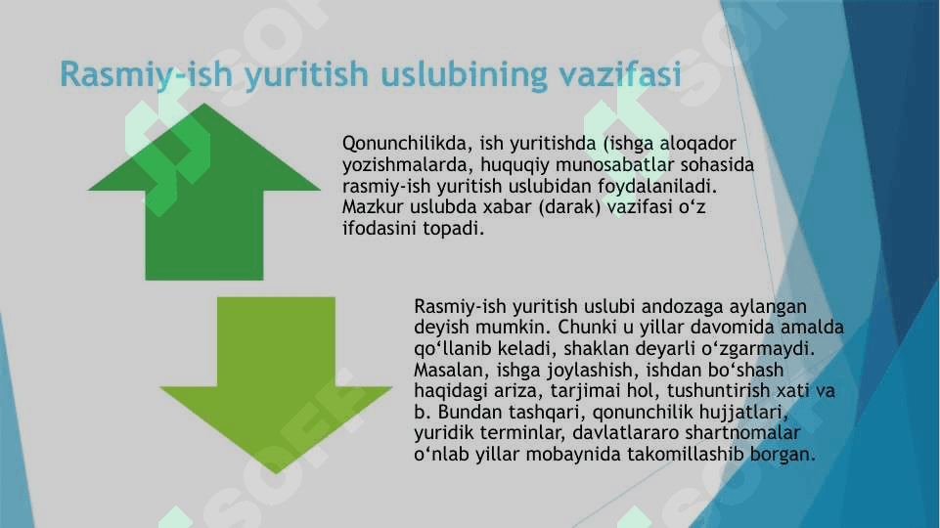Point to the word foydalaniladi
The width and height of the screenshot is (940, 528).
click(x=657, y=186)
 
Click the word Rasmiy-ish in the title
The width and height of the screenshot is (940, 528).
click(x=146, y=75)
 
